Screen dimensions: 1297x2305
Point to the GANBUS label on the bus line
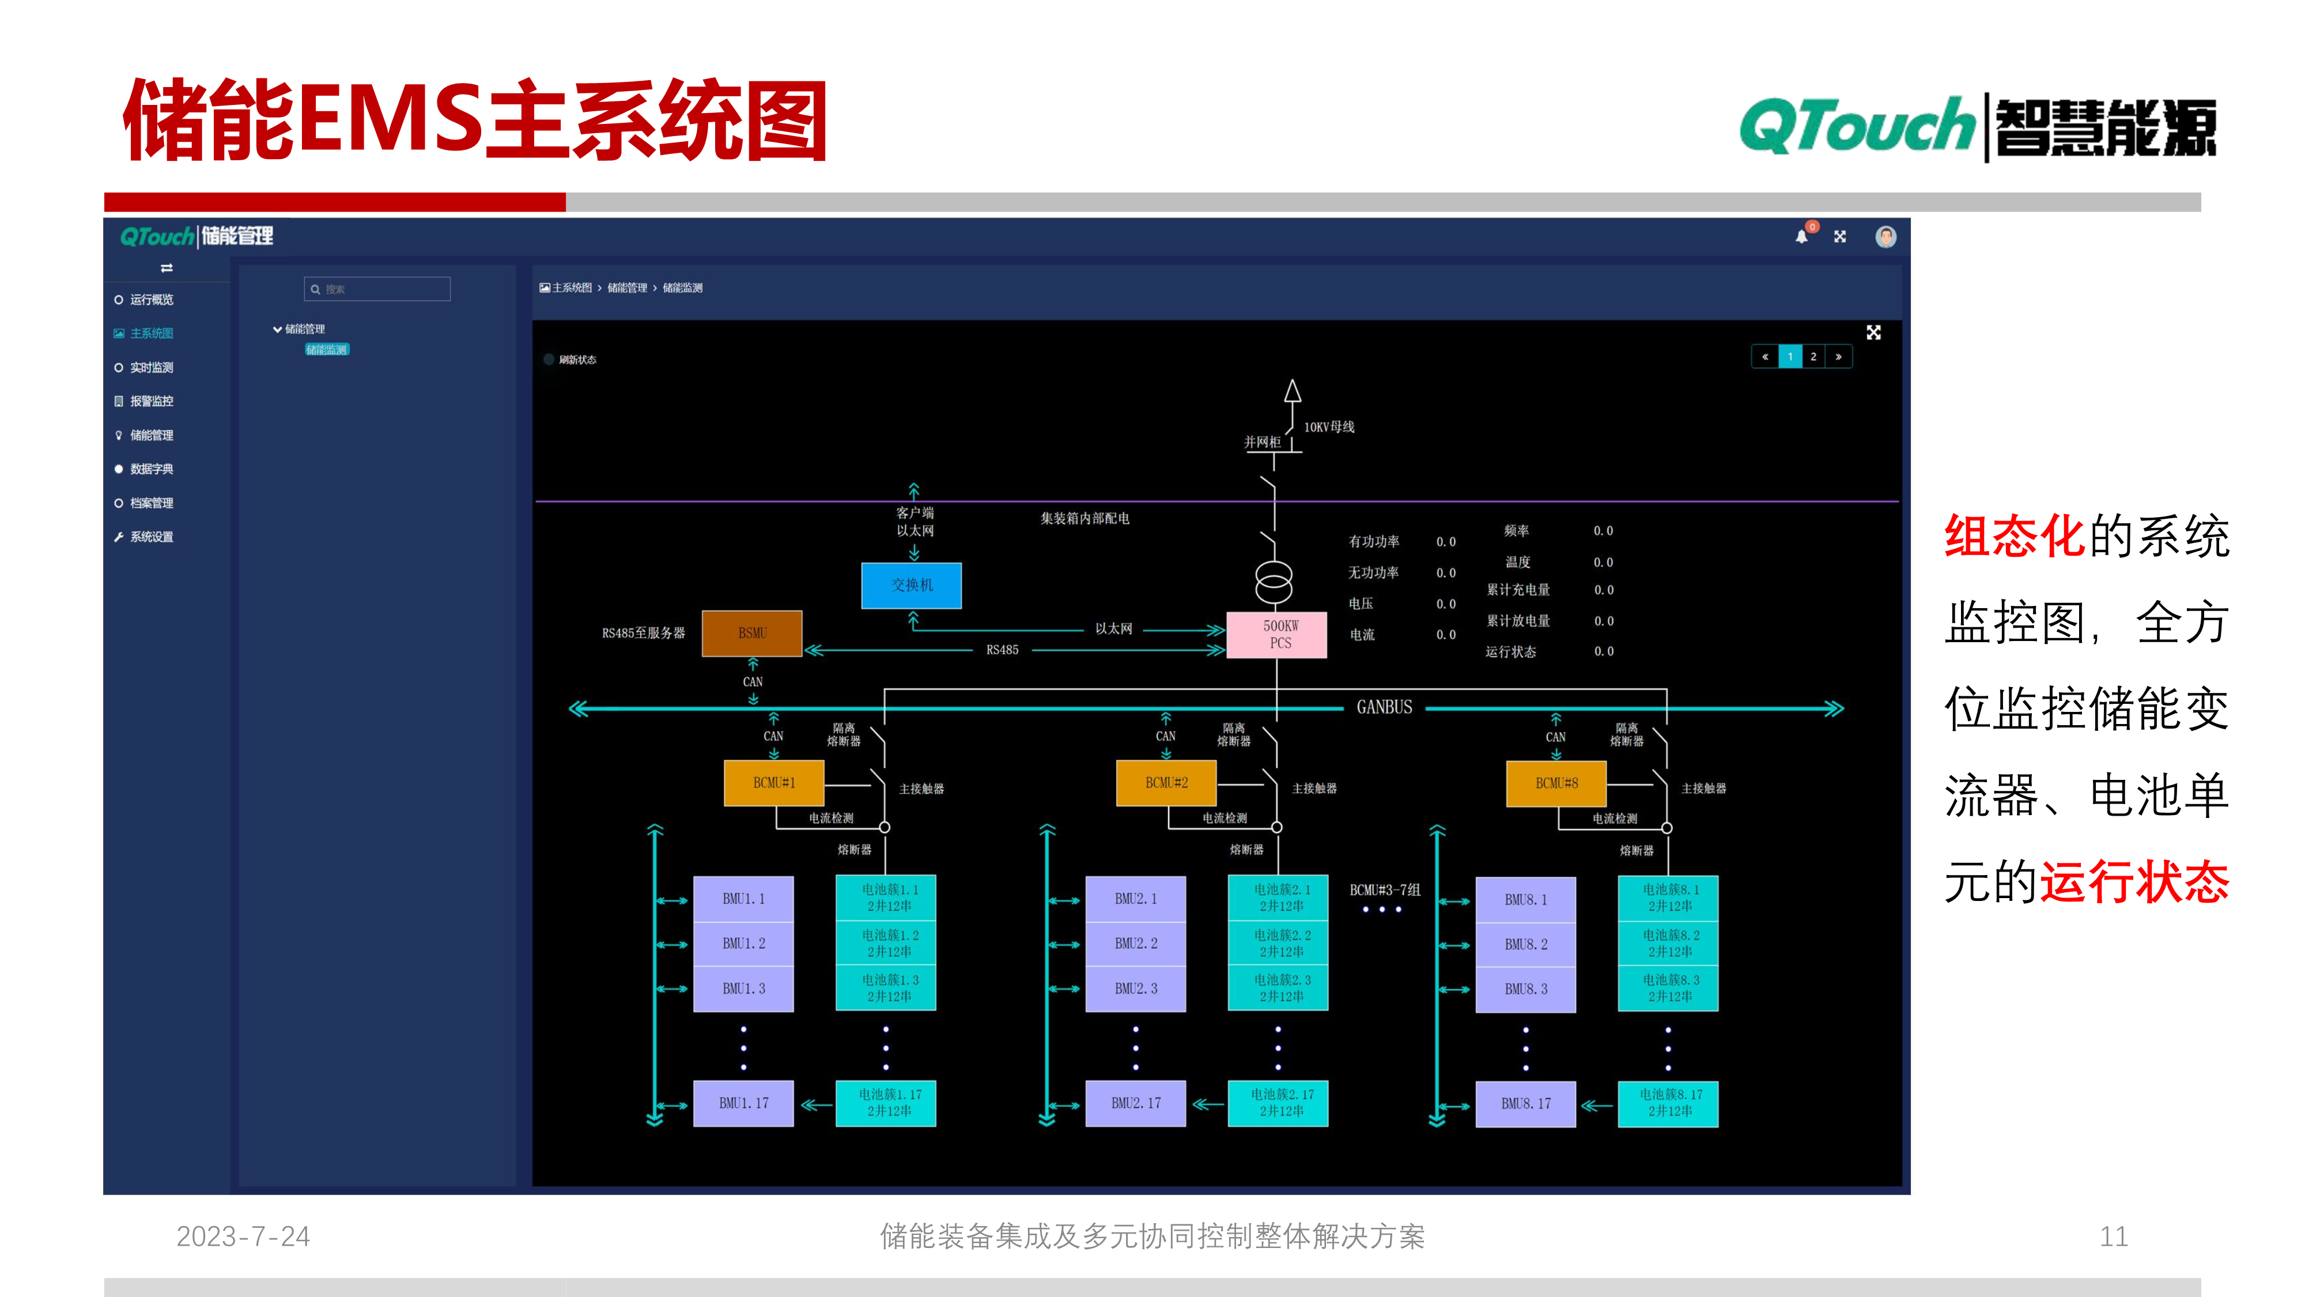coord(1384,707)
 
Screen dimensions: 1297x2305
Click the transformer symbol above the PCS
coord(1274,582)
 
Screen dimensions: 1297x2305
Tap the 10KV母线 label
coord(1329,427)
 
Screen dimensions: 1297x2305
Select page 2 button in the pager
coord(1813,356)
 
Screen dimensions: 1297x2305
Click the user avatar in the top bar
coord(1885,236)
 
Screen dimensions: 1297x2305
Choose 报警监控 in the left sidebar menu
coord(151,401)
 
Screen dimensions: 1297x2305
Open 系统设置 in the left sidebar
coord(151,537)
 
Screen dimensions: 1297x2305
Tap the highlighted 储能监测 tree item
coord(327,349)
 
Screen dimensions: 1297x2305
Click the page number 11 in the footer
coord(2113,1236)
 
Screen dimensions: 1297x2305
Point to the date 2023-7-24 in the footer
coord(243,1236)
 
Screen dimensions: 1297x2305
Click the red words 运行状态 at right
coord(2134,882)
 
